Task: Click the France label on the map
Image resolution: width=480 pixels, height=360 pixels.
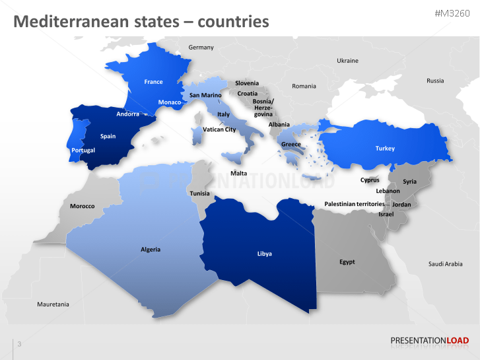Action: pos(153,82)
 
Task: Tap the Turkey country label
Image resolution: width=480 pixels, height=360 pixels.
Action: pos(385,149)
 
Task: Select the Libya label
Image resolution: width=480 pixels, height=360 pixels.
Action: pos(264,254)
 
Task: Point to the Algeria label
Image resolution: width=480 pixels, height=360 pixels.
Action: pos(151,250)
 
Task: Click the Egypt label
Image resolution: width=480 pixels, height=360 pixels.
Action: pos(347,262)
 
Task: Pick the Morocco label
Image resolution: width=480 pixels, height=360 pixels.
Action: pos(83,206)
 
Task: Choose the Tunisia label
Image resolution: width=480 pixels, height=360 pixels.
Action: pos(199,194)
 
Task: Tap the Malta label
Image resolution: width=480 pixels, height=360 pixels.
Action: pos(238,173)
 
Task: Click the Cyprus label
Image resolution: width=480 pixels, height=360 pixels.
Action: pos(370,180)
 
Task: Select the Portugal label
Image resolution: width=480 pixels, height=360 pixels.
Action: pos(83,151)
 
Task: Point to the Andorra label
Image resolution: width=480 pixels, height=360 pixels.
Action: pos(127,114)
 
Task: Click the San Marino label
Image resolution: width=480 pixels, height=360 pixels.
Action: pos(205,95)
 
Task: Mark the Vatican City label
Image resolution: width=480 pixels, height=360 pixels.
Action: pos(219,129)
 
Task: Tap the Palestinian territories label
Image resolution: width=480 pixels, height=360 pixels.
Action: pos(354,204)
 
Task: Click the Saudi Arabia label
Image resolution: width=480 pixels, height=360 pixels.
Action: pos(446,264)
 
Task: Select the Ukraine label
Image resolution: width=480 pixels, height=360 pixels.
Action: pos(347,61)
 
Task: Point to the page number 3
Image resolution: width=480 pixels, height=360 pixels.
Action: pos(19,344)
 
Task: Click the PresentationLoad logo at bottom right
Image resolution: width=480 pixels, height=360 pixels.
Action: pos(429,341)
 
